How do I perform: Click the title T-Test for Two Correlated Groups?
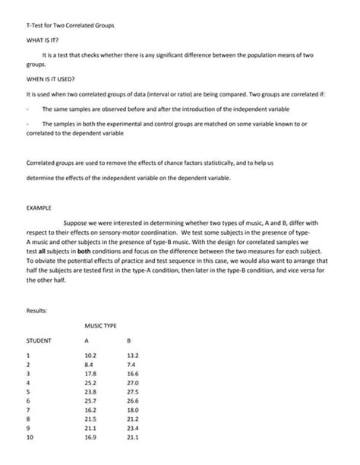tap(70, 25)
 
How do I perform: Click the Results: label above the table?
tap(38, 311)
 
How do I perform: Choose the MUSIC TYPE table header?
tap(100, 327)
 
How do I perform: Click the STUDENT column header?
tap(39, 341)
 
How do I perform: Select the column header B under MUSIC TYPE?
tap(129, 341)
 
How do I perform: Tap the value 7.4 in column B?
tap(131, 365)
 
